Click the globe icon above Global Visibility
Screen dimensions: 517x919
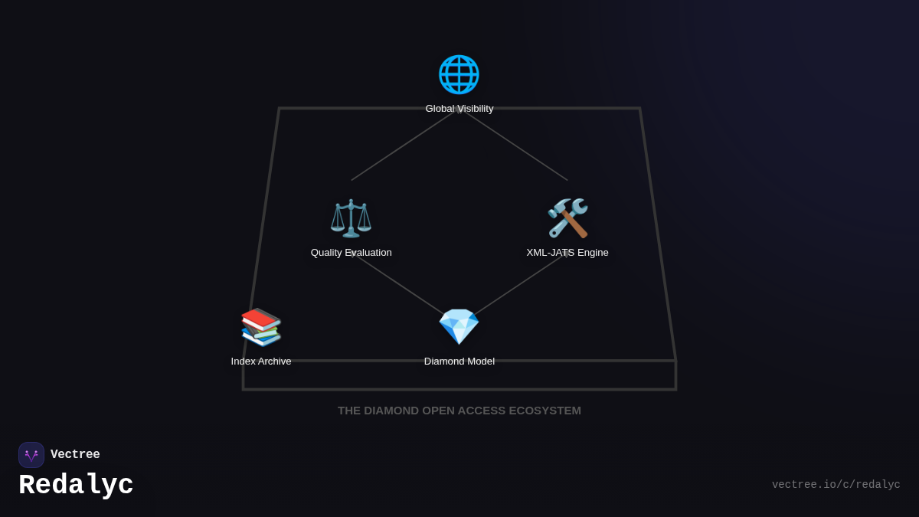(459, 74)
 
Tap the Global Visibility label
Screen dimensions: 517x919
(459, 109)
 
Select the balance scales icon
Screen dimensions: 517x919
(351, 218)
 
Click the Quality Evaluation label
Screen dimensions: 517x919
(351, 253)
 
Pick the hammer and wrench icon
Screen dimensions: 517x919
(567, 218)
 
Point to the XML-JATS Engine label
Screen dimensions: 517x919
(567, 253)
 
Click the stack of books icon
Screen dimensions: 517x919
(261, 327)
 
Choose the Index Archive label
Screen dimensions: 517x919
(261, 362)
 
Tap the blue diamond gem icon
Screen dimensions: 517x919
(459, 327)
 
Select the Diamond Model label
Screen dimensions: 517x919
(459, 362)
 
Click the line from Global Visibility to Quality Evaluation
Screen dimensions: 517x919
(401, 147)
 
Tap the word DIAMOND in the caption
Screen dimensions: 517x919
(391, 411)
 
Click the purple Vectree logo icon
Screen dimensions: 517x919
(31, 455)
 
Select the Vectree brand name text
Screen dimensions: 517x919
(75, 455)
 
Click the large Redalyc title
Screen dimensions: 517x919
(76, 485)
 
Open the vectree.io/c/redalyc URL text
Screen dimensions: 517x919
(836, 485)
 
